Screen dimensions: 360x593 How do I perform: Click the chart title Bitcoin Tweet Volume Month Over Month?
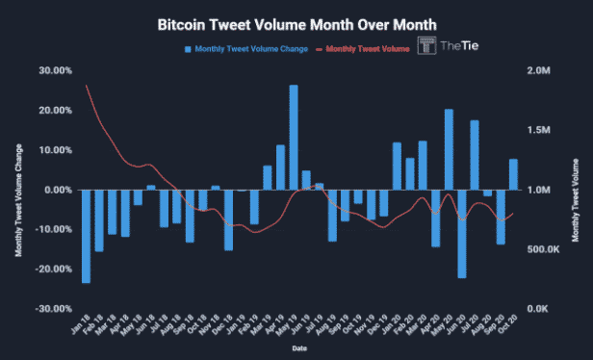tap(296, 23)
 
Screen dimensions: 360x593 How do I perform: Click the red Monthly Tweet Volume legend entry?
tap(367, 48)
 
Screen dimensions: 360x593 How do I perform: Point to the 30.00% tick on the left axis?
tap(56, 71)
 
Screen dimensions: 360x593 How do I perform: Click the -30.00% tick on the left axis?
tap(54, 308)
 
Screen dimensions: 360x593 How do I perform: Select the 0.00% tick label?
tap(58, 190)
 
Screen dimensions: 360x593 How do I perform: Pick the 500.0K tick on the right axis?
tap(542, 249)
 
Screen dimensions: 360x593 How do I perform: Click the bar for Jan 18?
tap(87, 236)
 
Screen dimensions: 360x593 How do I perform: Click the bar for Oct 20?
tap(513, 174)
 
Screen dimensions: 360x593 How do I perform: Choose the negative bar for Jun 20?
tap(461, 234)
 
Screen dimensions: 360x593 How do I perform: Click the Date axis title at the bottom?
tap(300, 348)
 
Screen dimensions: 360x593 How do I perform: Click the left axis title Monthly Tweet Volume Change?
tap(18, 190)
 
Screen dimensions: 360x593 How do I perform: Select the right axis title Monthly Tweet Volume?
tap(576, 190)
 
